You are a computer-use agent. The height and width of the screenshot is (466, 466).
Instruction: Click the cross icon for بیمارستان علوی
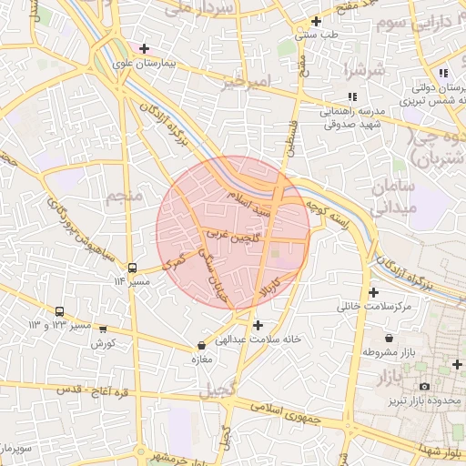click(144, 47)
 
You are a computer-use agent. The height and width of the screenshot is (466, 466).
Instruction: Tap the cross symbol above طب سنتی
click(316, 21)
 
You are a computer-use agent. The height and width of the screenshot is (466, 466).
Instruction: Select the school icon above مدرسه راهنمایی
click(352, 96)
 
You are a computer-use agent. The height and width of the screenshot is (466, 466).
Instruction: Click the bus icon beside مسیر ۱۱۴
click(133, 268)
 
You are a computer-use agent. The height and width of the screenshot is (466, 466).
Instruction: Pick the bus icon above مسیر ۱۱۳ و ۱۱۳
click(60, 311)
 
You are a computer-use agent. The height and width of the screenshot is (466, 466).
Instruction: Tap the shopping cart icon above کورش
click(103, 330)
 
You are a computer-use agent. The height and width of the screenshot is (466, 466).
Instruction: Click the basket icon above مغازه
click(201, 346)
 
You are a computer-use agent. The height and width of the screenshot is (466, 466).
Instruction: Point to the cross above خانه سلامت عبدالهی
click(258, 324)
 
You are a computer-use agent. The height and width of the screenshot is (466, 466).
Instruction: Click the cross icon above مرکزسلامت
click(373, 292)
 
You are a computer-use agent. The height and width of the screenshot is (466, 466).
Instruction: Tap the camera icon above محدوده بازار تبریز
click(424, 387)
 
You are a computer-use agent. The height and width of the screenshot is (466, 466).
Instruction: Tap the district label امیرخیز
click(247, 82)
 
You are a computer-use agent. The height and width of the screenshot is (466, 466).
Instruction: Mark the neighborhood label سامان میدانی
click(393, 197)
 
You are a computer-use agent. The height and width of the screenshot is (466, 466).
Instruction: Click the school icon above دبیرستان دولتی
click(442, 73)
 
